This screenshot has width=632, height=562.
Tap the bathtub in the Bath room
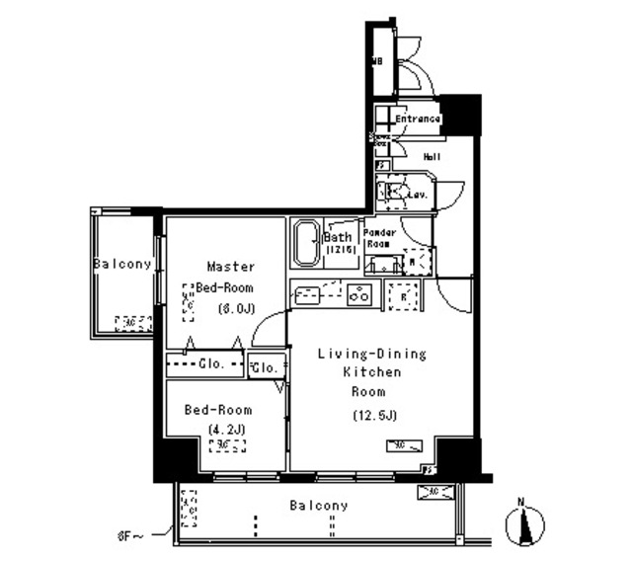click(305, 243)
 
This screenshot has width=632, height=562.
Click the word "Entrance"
click(417, 120)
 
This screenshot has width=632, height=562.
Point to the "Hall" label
click(432, 157)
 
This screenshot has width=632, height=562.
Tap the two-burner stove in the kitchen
click(358, 294)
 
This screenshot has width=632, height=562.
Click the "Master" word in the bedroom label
click(231, 267)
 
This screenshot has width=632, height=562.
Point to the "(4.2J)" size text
click(227, 428)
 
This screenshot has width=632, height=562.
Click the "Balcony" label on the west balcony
click(122, 264)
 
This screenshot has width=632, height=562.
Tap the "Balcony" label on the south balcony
click(319, 506)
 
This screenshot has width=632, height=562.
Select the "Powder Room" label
click(380, 238)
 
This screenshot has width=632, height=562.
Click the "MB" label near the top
click(376, 62)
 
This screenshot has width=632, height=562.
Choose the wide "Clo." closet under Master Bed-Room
click(204, 363)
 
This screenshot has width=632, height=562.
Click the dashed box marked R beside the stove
click(401, 295)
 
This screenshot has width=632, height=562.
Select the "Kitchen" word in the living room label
click(371, 372)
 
